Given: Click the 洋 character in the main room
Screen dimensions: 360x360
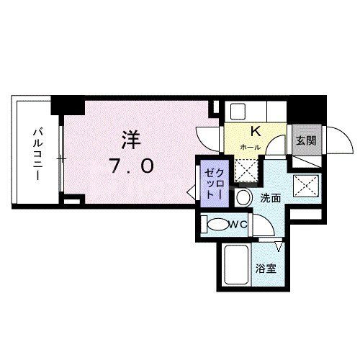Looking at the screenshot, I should coord(130,138).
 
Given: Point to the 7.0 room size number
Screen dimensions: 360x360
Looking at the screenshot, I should coord(131,166).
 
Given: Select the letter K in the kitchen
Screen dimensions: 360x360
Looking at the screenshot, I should coord(254,131).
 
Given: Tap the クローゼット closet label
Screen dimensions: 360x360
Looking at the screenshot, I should coord(214,182).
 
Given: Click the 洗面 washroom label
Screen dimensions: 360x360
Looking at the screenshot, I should coord(271,197).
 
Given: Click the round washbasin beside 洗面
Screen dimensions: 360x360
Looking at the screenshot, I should coord(244,197).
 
